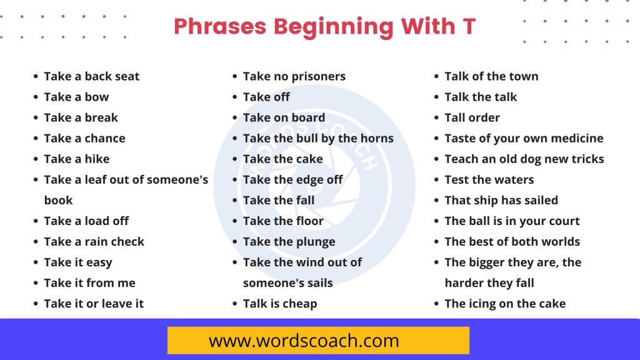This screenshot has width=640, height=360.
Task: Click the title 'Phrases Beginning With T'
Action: [x=324, y=26]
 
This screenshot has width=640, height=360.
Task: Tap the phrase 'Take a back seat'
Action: [x=92, y=76]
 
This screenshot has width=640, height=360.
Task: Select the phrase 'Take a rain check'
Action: [x=94, y=241]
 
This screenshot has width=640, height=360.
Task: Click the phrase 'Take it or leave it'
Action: [x=94, y=303]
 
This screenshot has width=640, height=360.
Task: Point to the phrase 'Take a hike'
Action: [x=77, y=159]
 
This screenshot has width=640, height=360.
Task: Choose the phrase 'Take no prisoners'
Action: [x=294, y=76]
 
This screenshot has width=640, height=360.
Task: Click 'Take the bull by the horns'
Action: [x=318, y=138]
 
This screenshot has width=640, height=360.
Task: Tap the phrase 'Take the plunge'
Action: [x=289, y=241]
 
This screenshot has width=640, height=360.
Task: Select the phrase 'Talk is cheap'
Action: [x=280, y=303]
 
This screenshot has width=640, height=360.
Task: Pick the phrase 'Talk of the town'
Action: [x=491, y=76]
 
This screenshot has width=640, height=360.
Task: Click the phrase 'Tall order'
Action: [x=472, y=117]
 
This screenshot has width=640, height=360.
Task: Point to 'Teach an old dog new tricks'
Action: [x=524, y=159]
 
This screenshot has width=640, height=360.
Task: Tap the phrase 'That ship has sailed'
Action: [x=501, y=200]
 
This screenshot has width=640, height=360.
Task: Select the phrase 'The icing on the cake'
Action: [x=505, y=303]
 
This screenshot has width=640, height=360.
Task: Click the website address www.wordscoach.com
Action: [x=304, y=341]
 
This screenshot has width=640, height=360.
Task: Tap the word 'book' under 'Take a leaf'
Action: [x=59, y=200]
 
